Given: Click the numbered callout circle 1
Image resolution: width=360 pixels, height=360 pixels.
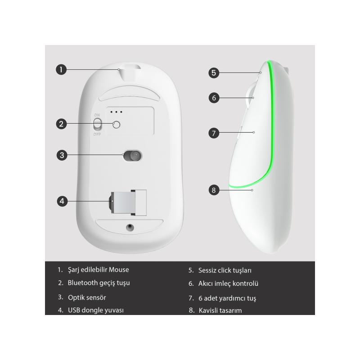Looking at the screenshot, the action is (x=61, y=69).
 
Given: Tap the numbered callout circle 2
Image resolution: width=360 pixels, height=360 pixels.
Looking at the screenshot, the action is (x=61, y=124).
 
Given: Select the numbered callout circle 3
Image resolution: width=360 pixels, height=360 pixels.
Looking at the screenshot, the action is (x=62, y=155).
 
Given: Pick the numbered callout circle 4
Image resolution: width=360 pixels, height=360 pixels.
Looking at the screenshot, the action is (x=62, y=201).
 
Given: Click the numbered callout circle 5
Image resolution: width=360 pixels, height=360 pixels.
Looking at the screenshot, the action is (x=214, y=73).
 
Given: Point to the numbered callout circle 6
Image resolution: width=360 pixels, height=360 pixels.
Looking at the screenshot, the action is (x=214, y=98).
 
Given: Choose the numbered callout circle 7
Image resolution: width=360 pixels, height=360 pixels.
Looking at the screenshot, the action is (x=214, y=133).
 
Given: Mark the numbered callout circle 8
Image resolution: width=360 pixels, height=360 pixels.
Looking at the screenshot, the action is (x=214, y=190).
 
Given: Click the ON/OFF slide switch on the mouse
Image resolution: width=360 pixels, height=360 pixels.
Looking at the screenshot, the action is (x=97, y=124).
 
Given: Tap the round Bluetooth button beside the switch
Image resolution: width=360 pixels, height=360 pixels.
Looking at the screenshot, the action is (x=117, y=125).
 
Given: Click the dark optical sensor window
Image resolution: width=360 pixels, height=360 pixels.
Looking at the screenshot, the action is (x=133, y=156).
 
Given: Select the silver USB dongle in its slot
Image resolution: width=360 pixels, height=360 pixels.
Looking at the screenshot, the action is (x=123, y=202).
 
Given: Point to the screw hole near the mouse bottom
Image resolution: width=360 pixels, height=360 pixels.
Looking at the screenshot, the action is (x=130, y=227).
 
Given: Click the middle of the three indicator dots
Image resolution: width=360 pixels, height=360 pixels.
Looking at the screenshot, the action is (x=116, y=112).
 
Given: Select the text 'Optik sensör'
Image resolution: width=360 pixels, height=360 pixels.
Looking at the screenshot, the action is (x=87, y=297).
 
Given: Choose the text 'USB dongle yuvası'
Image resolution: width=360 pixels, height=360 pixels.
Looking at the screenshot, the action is (x=96, y=310).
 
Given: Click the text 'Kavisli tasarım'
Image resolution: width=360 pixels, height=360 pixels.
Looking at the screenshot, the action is (x=220, y=310).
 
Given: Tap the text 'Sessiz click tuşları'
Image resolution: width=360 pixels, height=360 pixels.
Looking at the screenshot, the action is (x=225, y=270).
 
